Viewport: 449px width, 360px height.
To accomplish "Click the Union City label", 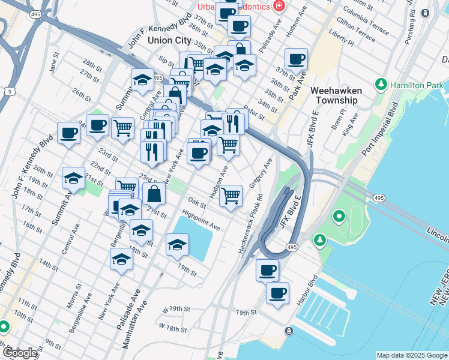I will (x=169, y=41).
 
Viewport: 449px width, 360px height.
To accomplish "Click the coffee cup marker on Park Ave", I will (x=296, y=59).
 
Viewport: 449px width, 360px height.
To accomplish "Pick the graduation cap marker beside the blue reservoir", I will (x=177, y=245).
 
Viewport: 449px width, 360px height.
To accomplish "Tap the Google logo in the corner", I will (x=20, y=353).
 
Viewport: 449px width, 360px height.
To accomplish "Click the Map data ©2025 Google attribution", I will (x=412, y=355).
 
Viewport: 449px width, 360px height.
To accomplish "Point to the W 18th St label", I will (x=172, y=328).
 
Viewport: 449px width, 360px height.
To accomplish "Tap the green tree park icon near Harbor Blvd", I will (x=320, y=241).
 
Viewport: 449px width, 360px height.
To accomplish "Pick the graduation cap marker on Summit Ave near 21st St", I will (x=73, y=178).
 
